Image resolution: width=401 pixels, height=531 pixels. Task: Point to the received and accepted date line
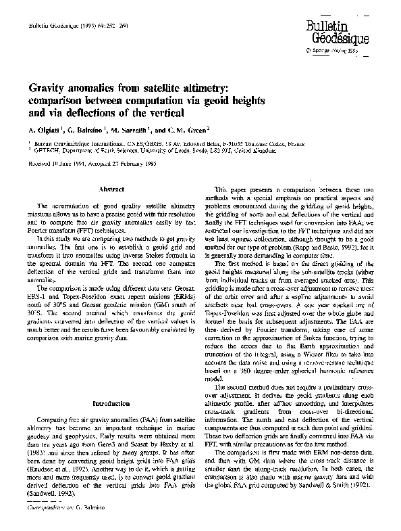pyautogui.click(x=91, y=163)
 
